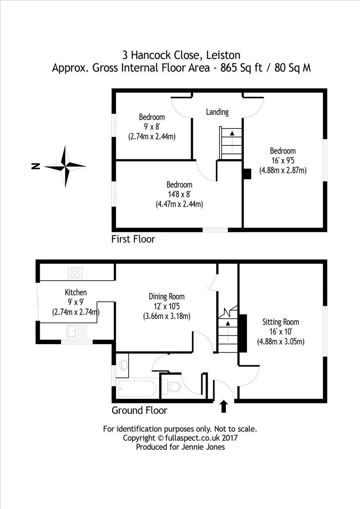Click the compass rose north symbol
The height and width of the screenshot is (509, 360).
coord(65,166)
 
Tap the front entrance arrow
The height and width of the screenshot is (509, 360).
coord(224,406)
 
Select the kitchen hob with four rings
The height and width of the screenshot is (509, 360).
coord(75,272)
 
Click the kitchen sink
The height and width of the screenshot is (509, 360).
coord(76,331)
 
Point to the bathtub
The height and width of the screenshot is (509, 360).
coord(136,389)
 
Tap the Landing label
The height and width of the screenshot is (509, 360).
coord(217,112)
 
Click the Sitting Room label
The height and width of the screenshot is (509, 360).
coord(281,322)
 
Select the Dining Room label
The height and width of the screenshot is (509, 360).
coord(166,296)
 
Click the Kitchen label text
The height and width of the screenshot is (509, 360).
coord(76,292)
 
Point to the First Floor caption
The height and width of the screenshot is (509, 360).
coord(133,239)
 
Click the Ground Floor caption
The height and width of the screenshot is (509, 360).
coord(139,410)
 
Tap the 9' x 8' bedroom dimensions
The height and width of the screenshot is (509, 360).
coord(152,127)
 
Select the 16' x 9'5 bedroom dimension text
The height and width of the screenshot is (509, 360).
coord(283,161)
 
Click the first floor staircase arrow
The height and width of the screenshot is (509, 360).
coord(232,133)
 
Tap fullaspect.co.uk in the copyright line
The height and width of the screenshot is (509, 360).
coord(187,438)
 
